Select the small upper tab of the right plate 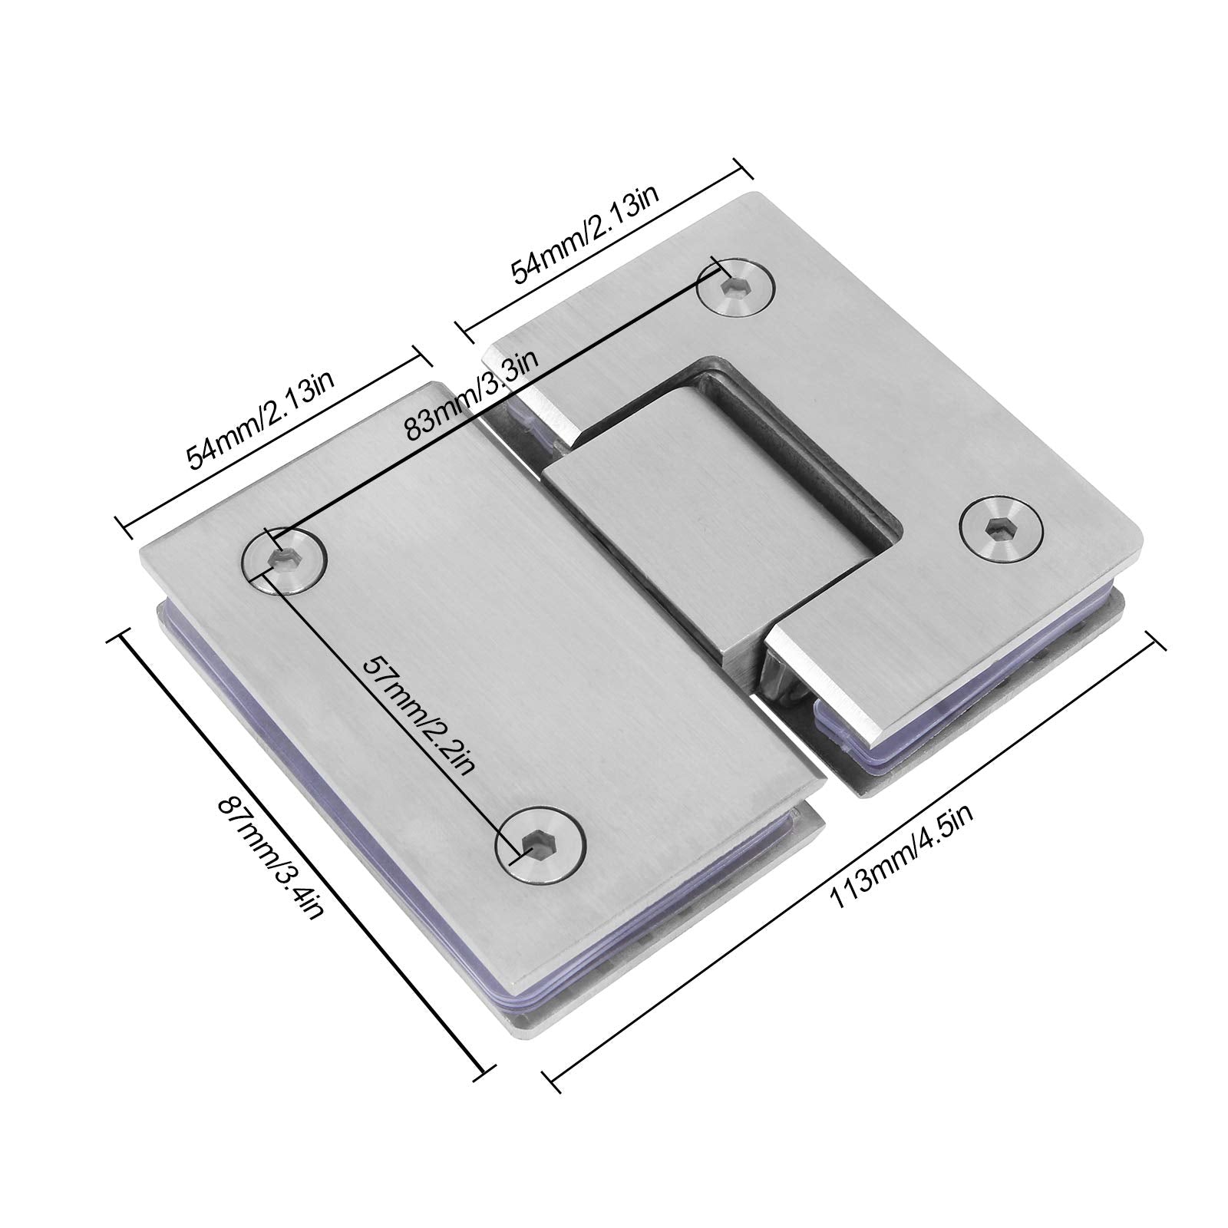tap(537, 384)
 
